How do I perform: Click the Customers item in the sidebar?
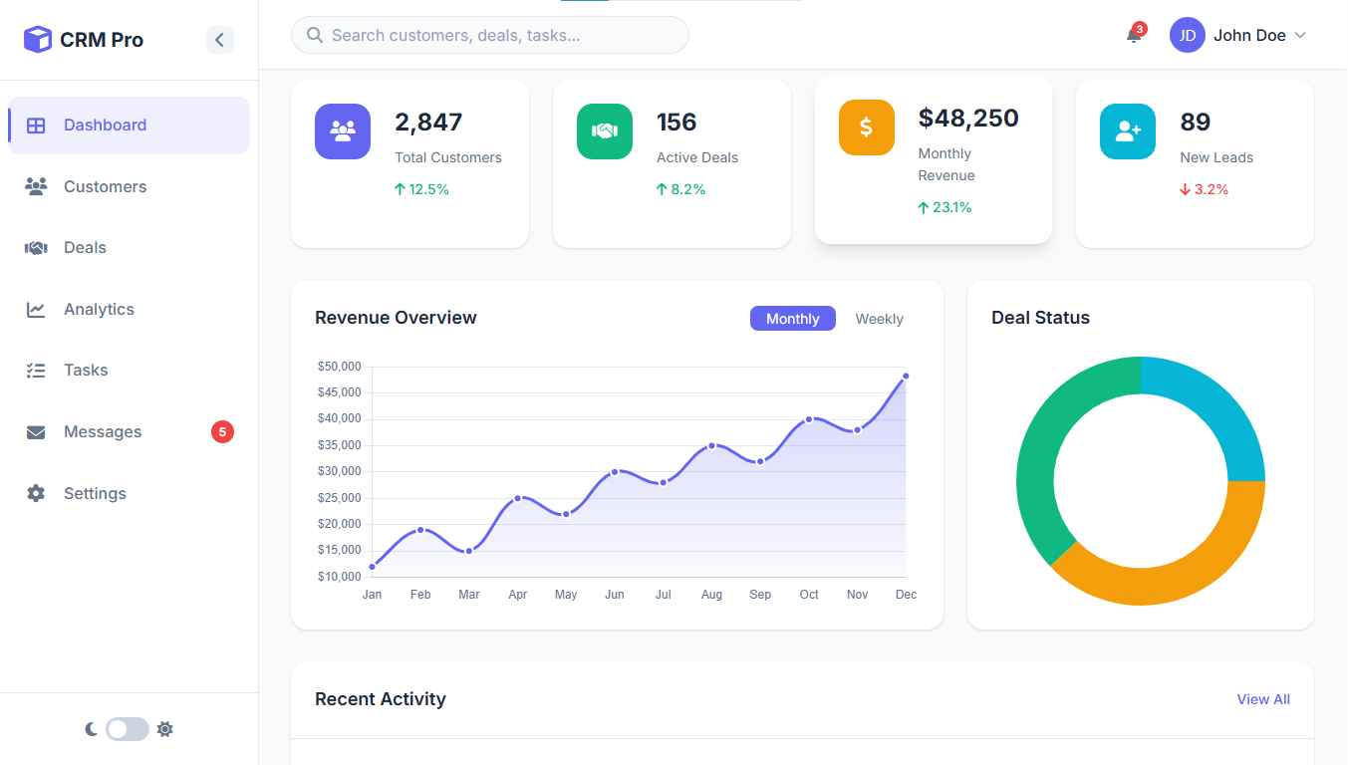pyautogui.click(x=105, y=187)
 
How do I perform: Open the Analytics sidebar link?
pyautogui.click(x=99, y=310)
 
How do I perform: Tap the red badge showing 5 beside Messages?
pyautogui.click(x=222, y=432)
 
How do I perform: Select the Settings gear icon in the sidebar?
pyautogui.click(x=36, y=494)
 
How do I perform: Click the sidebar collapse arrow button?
pyautogui.click(x=220, y=40)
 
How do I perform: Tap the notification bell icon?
pyautogui.click(x=1134, y=36)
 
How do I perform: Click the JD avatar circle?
pyautogui.click(x=1187, y=36)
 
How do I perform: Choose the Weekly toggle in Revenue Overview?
pyautogui.click(x=879, y=319)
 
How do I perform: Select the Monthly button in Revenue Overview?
pyautogui.click(x=792, y=319)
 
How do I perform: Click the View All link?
pyautogui.click(x=1262, y=700)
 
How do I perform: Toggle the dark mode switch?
pyautogui.click(x=128, y=729)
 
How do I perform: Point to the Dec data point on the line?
pyautogui.click(x=906, y=377)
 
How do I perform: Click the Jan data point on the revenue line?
pyautogui.click(x=373, y=567)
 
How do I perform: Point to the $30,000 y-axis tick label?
pyautogui.click(x=339, y=471)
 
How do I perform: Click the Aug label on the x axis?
pyautogui.click(x=711, y=595)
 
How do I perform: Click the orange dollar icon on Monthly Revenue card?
pyautogui.click(x=866, y=127)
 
